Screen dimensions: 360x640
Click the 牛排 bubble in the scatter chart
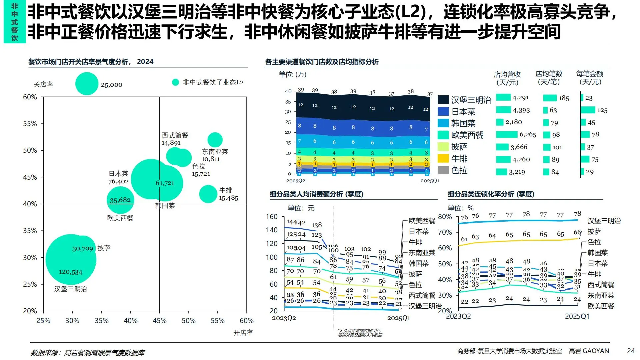208,194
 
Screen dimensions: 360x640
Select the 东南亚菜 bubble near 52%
215,140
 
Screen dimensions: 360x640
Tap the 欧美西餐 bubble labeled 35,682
120,200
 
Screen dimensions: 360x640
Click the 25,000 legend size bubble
87,84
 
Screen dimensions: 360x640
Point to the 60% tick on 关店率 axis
30,97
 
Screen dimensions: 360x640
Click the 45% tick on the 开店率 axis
159,321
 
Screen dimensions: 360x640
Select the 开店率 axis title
243,333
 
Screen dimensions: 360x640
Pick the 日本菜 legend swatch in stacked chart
443,111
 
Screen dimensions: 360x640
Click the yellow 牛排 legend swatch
443,158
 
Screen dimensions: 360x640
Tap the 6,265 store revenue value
528,134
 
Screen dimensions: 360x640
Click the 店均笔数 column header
549,78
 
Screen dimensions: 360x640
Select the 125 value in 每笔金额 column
602,110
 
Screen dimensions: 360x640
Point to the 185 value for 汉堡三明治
564,98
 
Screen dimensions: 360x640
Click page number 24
631,351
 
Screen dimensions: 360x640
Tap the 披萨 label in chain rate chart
594,231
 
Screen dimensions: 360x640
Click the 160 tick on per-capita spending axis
272,217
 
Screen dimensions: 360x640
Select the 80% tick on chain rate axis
445,217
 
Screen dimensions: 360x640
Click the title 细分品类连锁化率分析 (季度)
491,194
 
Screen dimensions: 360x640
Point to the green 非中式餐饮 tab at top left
15,22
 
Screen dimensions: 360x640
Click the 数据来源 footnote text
88,353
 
